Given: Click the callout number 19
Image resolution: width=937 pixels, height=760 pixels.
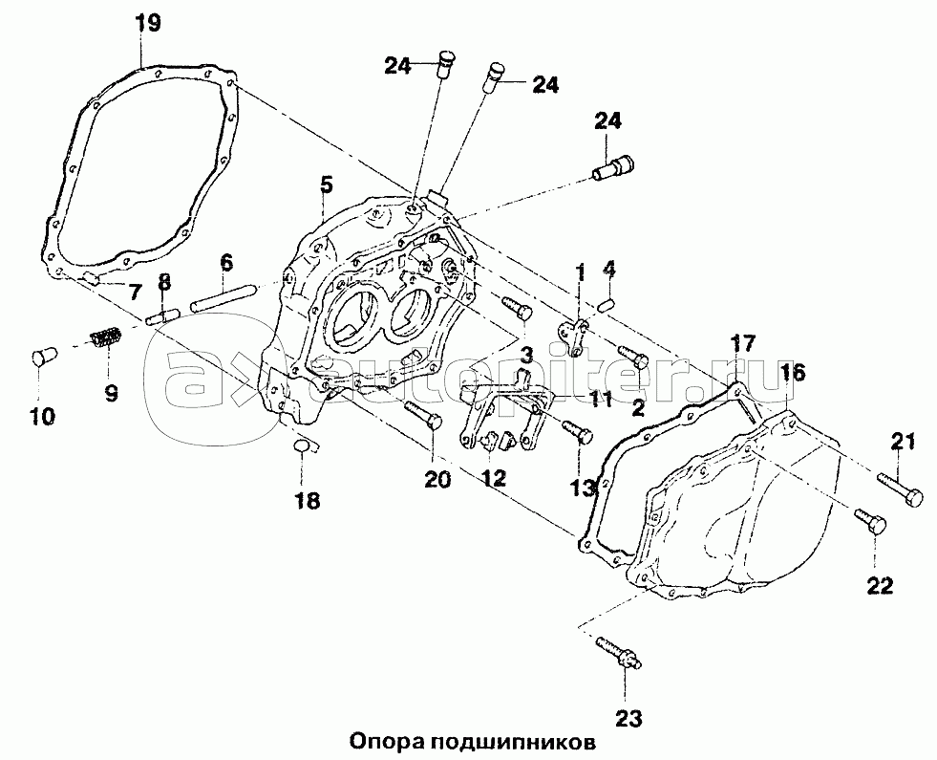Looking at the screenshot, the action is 147,25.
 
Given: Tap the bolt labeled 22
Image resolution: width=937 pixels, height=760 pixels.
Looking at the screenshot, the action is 870,522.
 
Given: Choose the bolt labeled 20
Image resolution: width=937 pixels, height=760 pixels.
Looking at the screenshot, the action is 423,413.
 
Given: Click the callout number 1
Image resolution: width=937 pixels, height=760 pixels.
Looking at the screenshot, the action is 581,272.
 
